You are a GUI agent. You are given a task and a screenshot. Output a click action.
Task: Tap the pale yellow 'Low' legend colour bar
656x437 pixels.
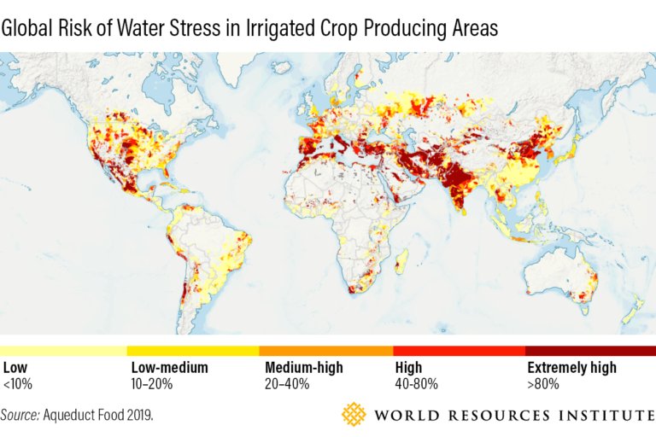(x=63, y=351)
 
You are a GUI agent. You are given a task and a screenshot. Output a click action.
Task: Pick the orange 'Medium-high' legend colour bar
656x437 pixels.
(x=326, y=351)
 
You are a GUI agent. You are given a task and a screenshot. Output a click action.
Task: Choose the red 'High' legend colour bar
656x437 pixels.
(x=459, y=351)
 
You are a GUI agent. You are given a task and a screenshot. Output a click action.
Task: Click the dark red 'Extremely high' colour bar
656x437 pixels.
(x=590, y=351)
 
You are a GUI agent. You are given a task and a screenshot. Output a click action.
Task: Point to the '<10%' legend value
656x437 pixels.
(x=18, y=384)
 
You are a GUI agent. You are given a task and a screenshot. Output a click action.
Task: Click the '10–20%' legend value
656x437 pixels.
(x=152, y=384)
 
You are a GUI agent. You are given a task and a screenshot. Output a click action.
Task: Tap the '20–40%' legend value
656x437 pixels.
(x=286, y=384)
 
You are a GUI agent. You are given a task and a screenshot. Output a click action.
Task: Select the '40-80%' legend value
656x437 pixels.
(x=417, y=384)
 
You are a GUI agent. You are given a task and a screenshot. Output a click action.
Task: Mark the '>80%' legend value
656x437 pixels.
(x=542, y=384)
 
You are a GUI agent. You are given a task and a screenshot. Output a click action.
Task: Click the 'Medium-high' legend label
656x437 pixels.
(x=304, y=368)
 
